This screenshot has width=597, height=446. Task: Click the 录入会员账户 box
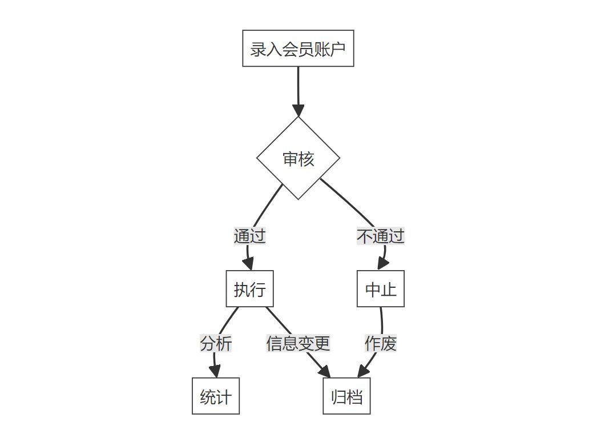coord(298,49)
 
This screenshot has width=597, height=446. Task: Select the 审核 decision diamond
coord(298,159)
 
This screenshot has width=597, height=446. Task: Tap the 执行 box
coord(249,289)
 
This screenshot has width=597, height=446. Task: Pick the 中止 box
coord(381,289)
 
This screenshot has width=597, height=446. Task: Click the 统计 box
coord(216,396)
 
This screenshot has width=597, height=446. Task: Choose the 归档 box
coord(346,396)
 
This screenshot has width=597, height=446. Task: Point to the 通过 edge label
coord(249,236)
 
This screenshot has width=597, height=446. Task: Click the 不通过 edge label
coord(381,236)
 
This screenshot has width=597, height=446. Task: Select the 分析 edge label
coord(216,343)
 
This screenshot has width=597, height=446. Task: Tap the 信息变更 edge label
coord(298,343)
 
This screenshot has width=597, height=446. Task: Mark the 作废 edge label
coord(381,343)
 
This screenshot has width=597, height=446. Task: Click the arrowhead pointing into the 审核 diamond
coord(298,110)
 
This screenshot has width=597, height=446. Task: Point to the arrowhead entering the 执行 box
coord(248,264)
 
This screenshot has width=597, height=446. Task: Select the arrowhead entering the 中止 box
coord(382,264)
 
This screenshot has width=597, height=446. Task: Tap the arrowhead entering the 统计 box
coord(215,371)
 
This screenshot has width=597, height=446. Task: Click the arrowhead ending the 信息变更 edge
coord(325,372)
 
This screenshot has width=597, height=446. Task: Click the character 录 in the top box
coord(258,49)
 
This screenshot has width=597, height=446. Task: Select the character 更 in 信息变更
coord(322,343)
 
